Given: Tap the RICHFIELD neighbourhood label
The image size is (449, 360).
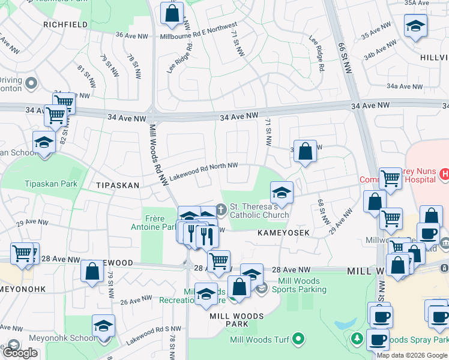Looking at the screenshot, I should click(x=65, y=25).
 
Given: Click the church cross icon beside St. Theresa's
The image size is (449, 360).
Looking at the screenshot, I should click(x=221, y=210).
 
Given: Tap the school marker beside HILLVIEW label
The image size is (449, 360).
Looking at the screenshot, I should click(x=415, y=27).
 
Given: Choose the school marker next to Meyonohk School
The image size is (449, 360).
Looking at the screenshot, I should click(x=104, y=326).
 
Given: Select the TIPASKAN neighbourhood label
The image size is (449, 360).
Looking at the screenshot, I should click(x=117, y=186).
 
